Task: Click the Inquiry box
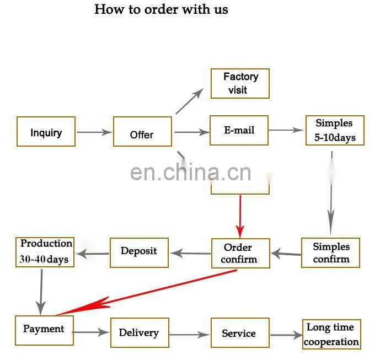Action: tap(46, 132)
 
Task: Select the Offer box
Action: tap(142, 132)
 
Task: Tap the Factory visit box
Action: tap(240, 84)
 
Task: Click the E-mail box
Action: tap(239, 130)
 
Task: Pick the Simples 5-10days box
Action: tap(335, 130)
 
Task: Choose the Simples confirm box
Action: tap(330, 252)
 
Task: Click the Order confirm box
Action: tap(240, 253)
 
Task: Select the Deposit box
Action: tap(139, 252)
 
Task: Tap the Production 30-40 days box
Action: tap(45, 252)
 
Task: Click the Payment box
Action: tap(44, 330)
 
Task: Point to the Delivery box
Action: tap(140, 332)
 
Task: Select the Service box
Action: tap(240, 332)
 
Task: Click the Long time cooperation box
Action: tap(331, 334)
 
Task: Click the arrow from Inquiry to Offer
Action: tap(94, 132)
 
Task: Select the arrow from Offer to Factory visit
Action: tap(190, 101)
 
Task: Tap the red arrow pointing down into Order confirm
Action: tap(240, 216)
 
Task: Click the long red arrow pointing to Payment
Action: tap(146, 293)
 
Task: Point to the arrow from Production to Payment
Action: tap(41, 292)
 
